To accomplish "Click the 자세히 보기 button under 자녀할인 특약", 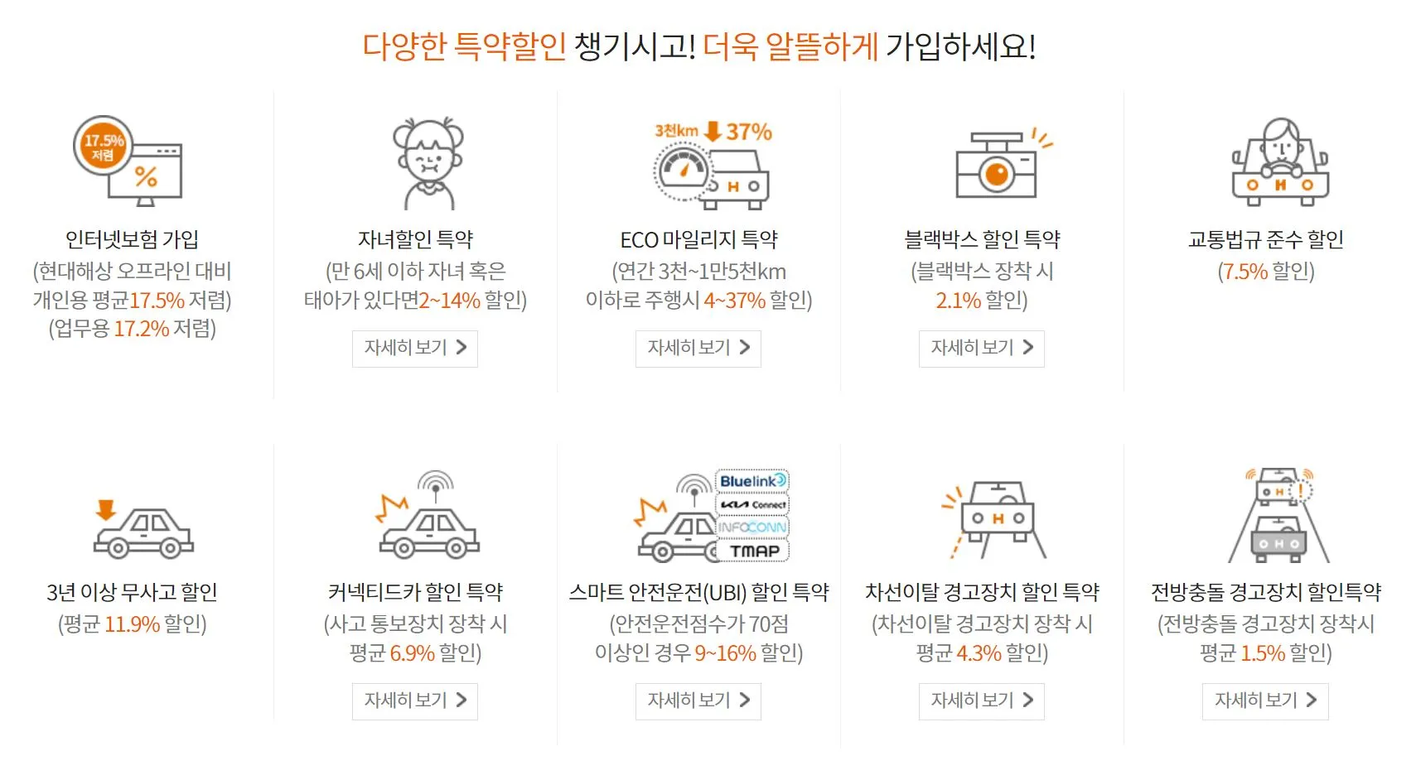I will (x=415, y=348).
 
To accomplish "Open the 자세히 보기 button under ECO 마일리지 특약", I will (x=698, y=348).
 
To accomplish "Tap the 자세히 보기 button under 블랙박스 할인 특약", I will (x=982, y=348).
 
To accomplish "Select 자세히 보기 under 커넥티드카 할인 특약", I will (x=415, y=701).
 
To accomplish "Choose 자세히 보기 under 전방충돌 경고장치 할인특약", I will (x=1265, y=701).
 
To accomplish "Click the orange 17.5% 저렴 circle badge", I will (x=103, y=146).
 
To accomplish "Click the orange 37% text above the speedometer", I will (x=749, y=132).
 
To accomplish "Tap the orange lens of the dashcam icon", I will (x=997, y=174).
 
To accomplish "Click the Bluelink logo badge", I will (x=752, y=481).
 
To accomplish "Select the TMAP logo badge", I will (x=753, y=551).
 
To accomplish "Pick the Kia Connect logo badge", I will (x=752, y=504).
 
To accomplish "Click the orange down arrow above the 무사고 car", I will (x=105, y=508).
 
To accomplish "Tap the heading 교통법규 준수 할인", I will (x=1265, y=239).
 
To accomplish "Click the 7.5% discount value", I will (x=1245, y=272).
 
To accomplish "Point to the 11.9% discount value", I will (x=132, y=624).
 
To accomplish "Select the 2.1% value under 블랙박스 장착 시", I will (x=958, y=301).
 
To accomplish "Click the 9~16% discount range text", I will (x=725, y=653).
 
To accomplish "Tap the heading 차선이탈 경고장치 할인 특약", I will (x=982, y=592).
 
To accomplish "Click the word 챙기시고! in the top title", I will (x=635, y=46).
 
